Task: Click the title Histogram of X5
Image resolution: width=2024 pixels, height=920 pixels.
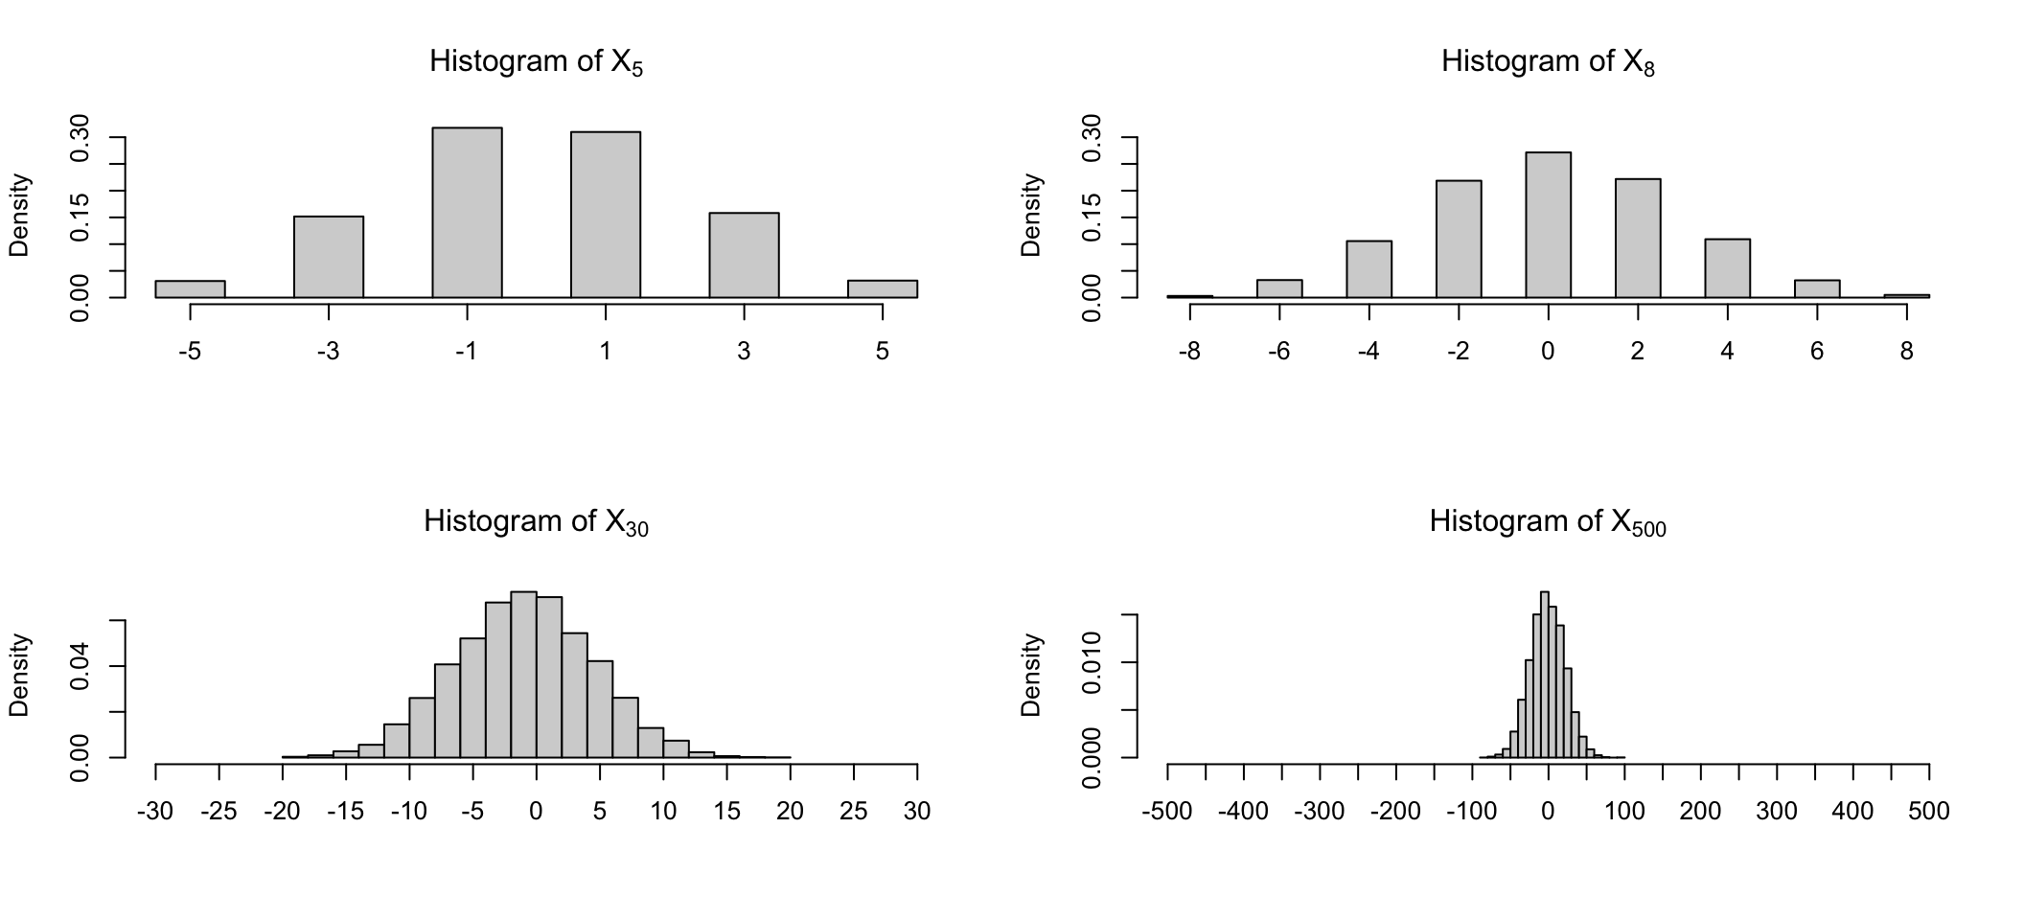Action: [536, 62]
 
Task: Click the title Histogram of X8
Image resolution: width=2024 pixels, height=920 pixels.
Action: [1548, 62]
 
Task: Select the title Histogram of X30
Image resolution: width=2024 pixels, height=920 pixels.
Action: [536, 522]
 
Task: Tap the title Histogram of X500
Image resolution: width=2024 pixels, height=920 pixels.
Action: [1548, 522]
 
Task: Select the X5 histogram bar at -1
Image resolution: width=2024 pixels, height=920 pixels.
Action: [467, 213]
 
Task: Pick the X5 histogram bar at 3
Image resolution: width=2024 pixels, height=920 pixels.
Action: [744, 255]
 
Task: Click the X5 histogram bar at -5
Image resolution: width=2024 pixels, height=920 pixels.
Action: [190, 288]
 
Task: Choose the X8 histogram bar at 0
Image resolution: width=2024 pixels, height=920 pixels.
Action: [1548, 225]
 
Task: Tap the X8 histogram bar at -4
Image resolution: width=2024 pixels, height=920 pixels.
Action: [1368, 269]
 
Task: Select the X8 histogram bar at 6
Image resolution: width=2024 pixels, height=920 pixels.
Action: [1817, 288]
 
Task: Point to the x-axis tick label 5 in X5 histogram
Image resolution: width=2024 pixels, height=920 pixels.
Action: [882, 352]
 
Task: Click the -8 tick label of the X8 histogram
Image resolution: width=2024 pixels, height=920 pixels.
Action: [1188, 352]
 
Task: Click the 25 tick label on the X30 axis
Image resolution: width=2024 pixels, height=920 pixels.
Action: [853, 812]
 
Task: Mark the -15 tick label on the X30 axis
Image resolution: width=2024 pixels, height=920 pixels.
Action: [345, 812]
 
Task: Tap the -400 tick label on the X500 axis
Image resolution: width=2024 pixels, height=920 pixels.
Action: [1243, 812]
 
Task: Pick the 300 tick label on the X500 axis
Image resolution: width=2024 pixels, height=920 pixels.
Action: [1776, 812]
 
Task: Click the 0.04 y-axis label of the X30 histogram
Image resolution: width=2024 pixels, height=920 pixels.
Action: [80, 666]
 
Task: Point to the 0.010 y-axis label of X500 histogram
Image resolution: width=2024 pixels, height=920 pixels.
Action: [1092, 662]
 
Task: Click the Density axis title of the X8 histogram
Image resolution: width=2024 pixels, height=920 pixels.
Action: [1031, 215]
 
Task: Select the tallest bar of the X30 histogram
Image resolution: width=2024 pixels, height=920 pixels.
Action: [523, 675]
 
